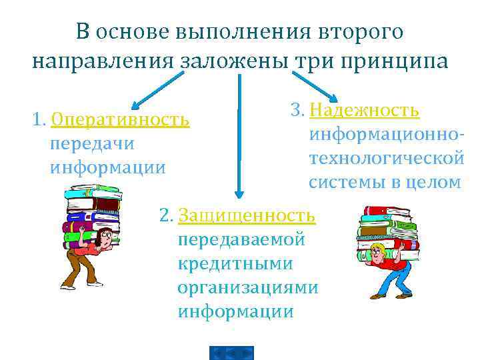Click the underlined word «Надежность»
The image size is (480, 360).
coord(365,109)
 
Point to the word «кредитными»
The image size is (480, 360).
coord(235,263)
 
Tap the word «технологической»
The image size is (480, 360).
coord(386,158)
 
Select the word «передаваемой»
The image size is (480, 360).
coord(242,239)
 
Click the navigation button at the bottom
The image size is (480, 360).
coord(231,353)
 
